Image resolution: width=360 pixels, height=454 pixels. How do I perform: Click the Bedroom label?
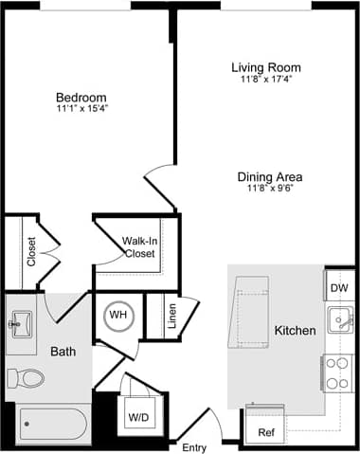81,98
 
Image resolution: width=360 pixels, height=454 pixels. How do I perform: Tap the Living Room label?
266,67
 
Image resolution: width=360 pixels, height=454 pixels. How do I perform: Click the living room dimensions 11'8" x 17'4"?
266,81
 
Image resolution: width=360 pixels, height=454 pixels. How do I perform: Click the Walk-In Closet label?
138,247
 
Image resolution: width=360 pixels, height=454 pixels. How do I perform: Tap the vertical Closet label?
31,252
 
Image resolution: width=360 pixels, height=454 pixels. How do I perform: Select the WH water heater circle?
118,314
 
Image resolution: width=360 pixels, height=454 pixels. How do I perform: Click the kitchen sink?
338,320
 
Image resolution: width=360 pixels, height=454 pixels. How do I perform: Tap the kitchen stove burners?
336,372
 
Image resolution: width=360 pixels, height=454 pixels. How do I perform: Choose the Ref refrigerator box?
265,432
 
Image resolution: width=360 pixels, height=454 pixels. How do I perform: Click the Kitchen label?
295,331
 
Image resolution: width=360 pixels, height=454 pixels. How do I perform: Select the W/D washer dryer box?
138,416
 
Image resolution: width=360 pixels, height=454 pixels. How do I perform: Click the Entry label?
193,446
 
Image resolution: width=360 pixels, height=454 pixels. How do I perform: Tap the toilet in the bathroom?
26,378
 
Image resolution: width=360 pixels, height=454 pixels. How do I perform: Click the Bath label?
63,352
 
